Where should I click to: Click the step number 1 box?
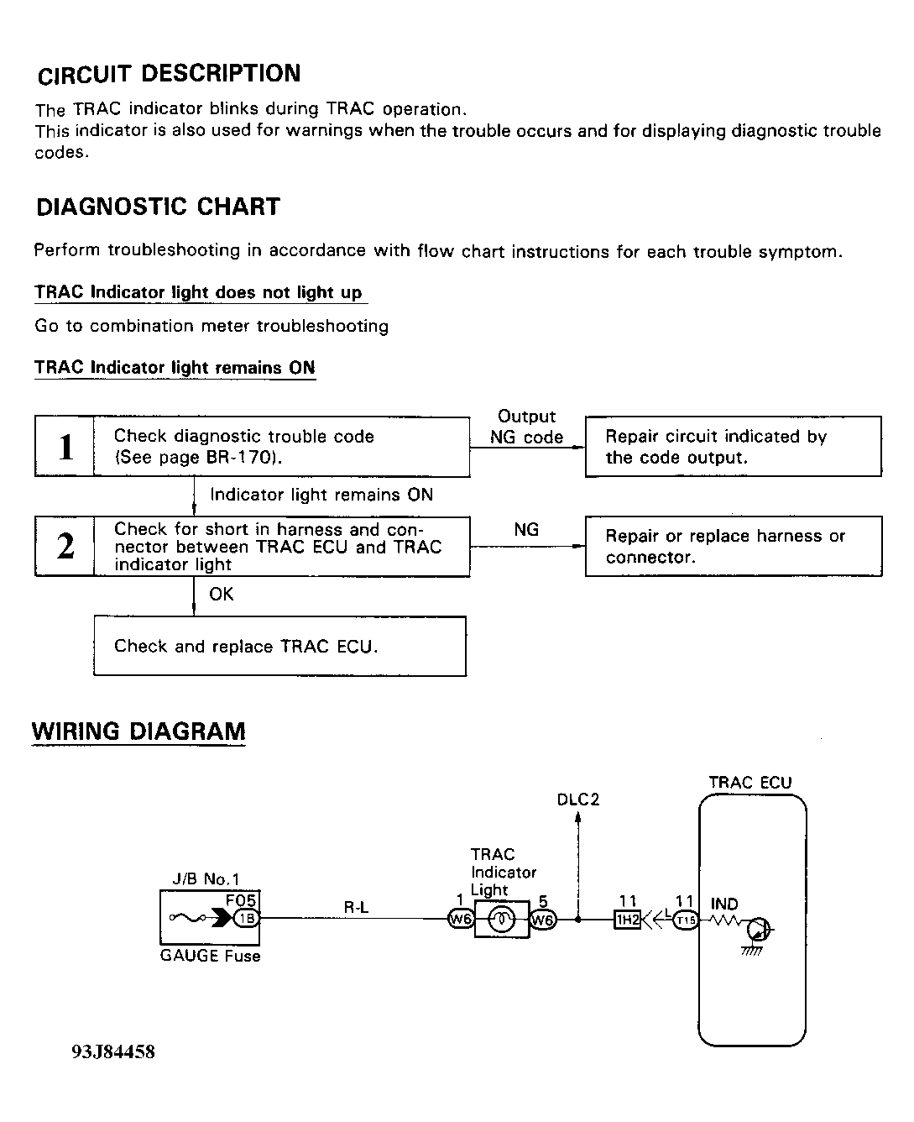(65, 447)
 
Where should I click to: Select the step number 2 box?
(65, 547)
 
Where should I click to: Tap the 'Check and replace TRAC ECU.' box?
(279, 646)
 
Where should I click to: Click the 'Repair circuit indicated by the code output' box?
(733, 447)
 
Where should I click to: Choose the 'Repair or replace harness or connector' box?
(733, 547)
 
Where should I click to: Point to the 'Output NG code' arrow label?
(526, 427)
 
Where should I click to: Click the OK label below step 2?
(222, 595)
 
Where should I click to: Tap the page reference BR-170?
(238, 459)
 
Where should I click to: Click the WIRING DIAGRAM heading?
(138, 731)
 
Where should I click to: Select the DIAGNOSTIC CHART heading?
(158, 207)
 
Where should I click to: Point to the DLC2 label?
(578, 800)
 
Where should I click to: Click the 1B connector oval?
(246, 919)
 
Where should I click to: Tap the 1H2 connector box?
(628, 920)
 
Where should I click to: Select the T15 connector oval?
(686, 920)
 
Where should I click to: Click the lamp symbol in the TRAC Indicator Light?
(502, 920)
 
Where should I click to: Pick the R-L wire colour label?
(356, 907)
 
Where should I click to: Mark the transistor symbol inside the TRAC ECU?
(758, 930)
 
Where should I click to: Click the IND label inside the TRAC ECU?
(724, 904)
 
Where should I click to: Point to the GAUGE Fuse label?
(210, 957)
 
